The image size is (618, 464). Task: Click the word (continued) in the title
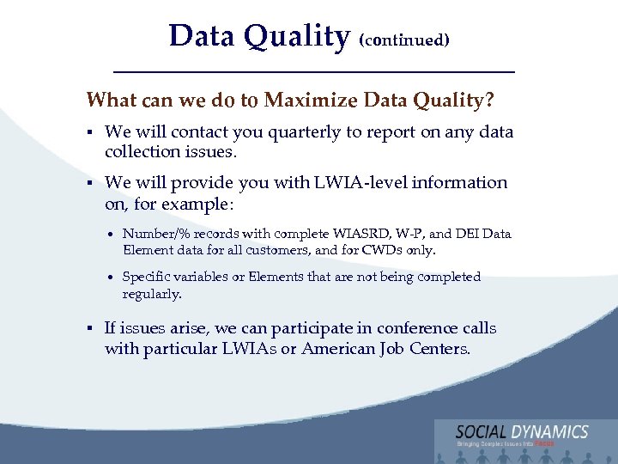point(404,40)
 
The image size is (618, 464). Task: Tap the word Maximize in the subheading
point(312,101)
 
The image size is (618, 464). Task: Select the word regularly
point(152,294)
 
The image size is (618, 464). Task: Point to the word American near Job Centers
point(340,349)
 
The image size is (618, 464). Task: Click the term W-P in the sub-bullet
point(413,234)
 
